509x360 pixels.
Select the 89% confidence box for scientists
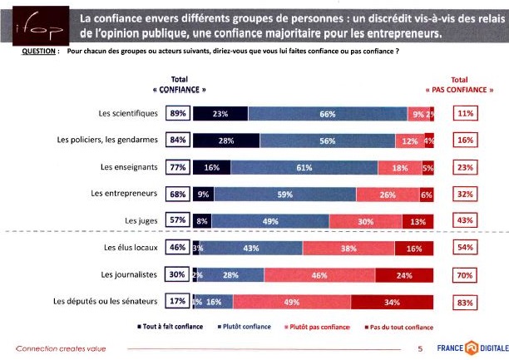pos(177,114)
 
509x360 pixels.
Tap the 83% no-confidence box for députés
pos(465,303)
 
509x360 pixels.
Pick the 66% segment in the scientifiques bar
pos(327,114)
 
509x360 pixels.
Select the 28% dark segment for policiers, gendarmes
pos(225,141)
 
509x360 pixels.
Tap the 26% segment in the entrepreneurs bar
pos(388,195)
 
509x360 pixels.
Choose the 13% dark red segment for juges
pos(418,221)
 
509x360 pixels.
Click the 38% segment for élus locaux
pos(348,248)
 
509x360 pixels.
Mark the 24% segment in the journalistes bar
pos(404,274)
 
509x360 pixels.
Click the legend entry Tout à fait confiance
pos(170,326)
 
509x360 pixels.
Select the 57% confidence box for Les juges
pos(177,221)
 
